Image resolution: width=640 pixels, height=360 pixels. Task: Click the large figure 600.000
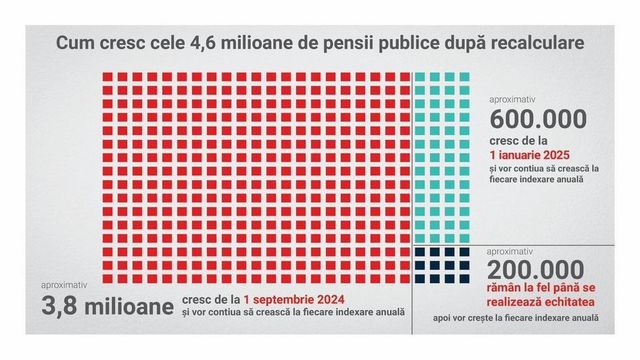538,119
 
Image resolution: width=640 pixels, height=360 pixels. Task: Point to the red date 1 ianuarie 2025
538,157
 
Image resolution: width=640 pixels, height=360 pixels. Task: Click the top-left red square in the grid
108,78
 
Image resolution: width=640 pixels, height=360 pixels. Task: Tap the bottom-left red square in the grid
108,281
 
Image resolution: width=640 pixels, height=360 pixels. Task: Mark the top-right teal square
465,78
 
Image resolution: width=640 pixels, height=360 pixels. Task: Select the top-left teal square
420,78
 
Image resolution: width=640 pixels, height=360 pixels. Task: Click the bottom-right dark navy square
465,281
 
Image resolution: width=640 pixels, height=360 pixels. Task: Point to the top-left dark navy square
420,252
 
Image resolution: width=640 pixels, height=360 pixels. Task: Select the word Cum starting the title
74,44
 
